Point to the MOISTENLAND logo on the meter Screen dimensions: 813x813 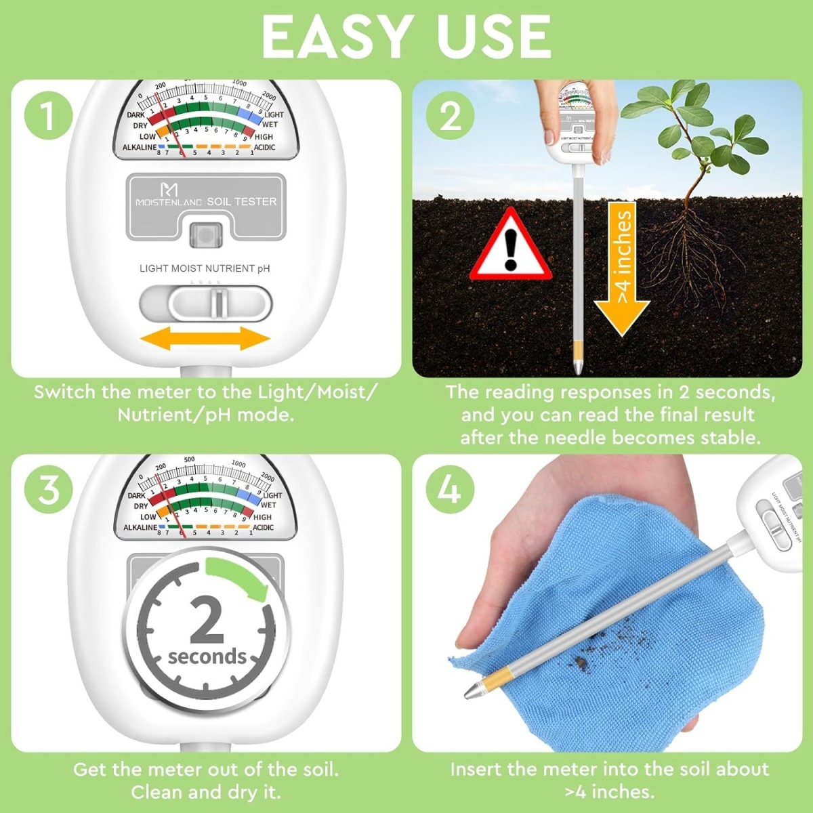169,196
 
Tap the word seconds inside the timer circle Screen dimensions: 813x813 207,656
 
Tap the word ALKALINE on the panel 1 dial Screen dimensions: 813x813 139,147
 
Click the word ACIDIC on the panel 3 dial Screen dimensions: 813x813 263,527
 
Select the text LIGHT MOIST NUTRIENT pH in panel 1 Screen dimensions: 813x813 205,268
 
